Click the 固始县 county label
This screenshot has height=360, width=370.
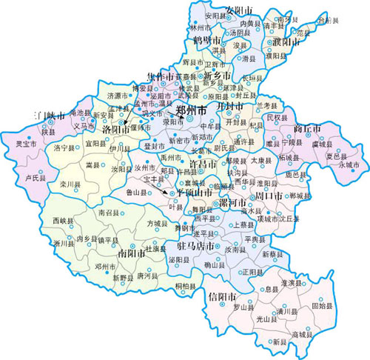tap(321, 304)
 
